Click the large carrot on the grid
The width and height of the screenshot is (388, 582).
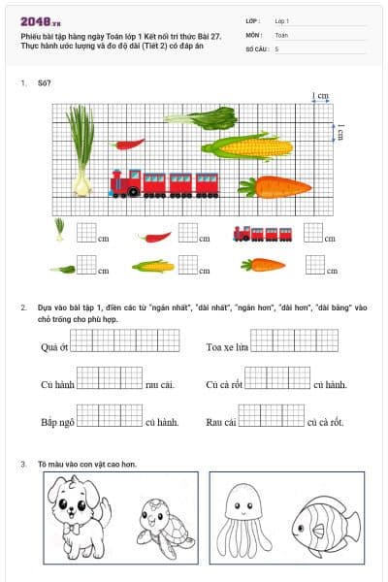click(275, 185)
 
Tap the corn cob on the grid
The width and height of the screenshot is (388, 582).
click(247, 147)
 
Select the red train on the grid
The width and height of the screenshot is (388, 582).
click(165, 181)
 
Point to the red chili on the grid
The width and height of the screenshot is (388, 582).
click(129, 145)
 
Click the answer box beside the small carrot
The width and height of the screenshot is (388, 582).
click(315, 264)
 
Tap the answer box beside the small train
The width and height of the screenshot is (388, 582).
click(312, 232)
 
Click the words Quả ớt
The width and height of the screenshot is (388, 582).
click(54, 346)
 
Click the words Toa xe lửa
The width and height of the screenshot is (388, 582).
click(227, 346)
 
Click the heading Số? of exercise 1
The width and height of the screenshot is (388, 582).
click(44, 84)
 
